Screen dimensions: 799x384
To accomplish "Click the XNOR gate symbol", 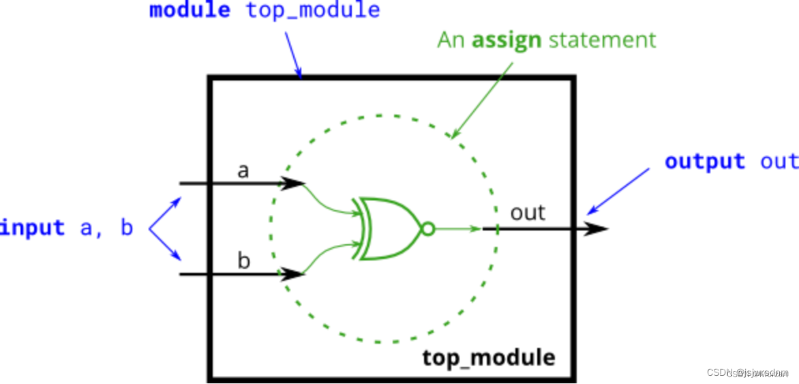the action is coord(387,228).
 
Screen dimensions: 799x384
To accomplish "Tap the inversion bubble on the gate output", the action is coord(427,229).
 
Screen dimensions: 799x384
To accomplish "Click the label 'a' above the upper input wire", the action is coord(243,171).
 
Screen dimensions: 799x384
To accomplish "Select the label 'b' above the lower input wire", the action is coord(243,261).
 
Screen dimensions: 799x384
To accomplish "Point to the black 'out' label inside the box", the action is coord(528,213).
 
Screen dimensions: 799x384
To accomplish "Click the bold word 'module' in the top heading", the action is coord(190,11).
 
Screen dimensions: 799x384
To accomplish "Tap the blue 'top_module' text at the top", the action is coord(313,11).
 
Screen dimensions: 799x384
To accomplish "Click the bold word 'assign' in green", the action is coord(507,40).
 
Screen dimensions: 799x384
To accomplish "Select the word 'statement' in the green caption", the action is coord(602,40).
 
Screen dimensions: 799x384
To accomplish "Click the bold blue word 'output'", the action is coord(705,162).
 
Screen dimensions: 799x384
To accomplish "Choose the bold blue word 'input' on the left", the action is coord(32,227).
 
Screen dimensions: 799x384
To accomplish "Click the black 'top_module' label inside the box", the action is coord(488,357).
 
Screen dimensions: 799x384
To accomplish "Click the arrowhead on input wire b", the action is coord(293,274).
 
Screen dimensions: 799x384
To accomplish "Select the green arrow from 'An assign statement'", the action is coord(483,98).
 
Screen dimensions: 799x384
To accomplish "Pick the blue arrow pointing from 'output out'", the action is coord(619,190).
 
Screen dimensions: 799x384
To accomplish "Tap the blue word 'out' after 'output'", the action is coord(779,162).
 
